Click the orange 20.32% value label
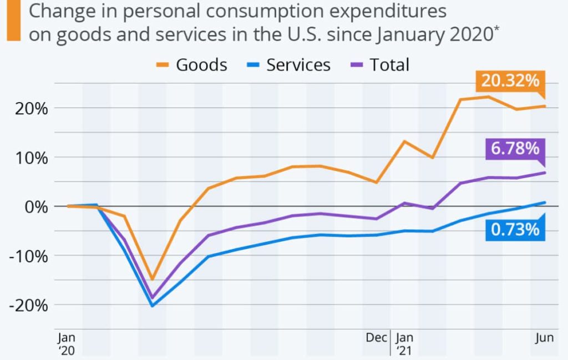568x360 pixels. point(510,81)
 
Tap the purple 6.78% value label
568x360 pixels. point(514,149)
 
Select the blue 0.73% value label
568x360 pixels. point(514,229)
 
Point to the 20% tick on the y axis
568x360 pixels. point(28,108)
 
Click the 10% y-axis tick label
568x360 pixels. point(28,158)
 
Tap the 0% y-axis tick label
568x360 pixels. point(34,206)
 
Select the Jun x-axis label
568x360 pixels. point(543,337)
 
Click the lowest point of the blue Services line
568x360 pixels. point(152,306)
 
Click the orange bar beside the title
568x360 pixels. point(10,20)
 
